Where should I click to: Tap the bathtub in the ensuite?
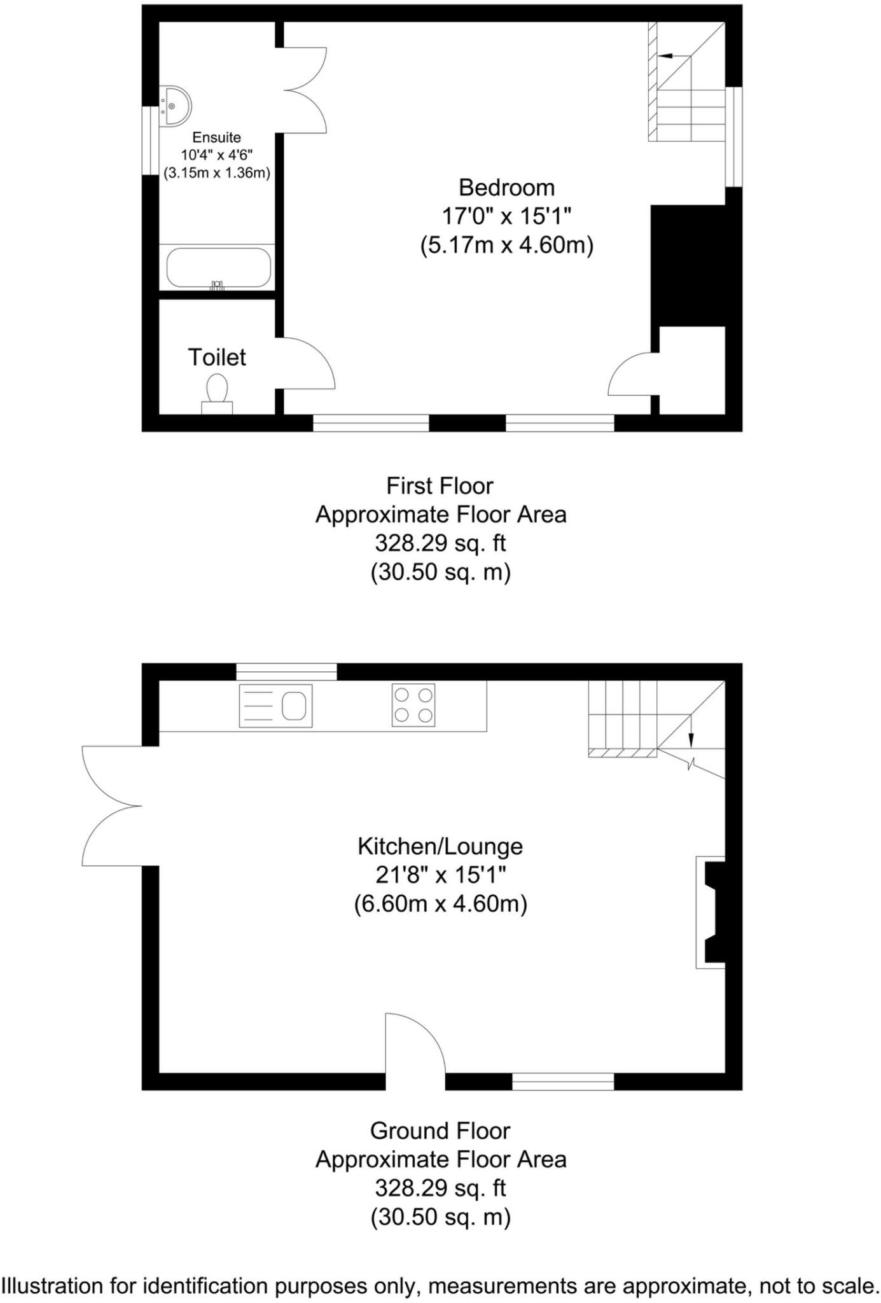(218, 268)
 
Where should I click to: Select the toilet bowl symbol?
(218, 389)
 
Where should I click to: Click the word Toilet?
(216, 358)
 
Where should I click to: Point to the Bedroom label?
(506, 188)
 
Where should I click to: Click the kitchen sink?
(276, 706)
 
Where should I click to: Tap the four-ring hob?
(413, 704)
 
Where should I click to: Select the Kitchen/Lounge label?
(440, 846)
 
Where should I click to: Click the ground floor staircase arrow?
(691, 739)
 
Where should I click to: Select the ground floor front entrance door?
(414, 1044)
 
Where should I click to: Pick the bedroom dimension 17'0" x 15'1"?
(506, 216)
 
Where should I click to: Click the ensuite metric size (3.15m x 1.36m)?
(217, 172)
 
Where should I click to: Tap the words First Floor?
(440, 486)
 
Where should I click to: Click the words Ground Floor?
(440, 1131)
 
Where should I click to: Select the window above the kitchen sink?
(286, 671)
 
